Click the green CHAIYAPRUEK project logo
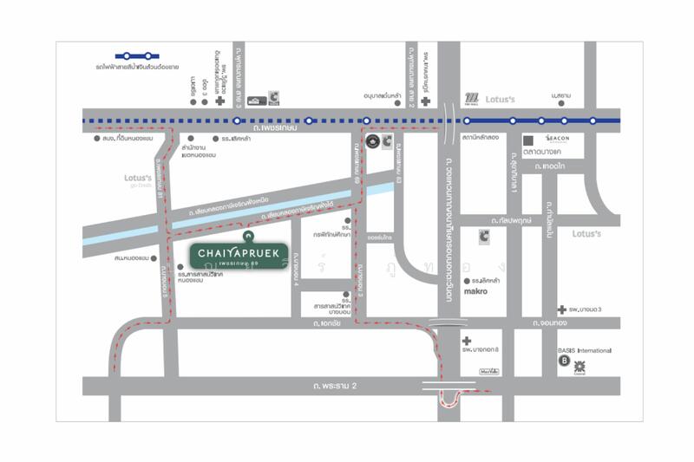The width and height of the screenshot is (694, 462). pos(238,254)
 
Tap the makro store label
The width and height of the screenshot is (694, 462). pos(476,291)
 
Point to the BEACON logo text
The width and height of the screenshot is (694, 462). pos(557,139)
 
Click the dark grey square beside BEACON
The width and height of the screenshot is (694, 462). pos(528,140)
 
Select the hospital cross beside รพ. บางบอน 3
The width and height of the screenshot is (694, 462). pos(562,309)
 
